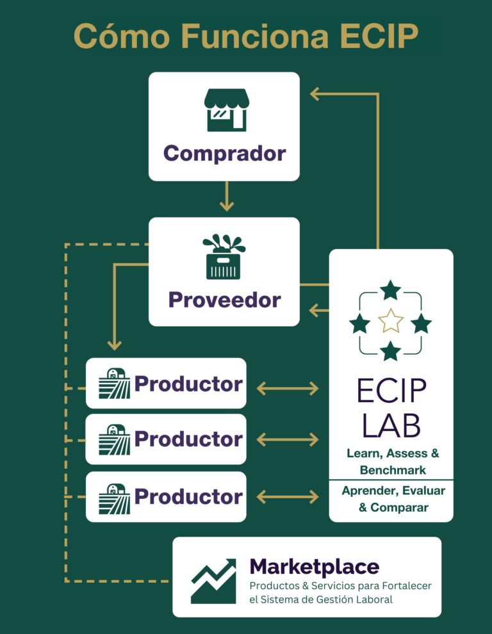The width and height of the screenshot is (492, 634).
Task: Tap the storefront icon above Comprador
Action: coord(225,110)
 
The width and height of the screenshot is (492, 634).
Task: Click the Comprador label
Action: coord(224,154)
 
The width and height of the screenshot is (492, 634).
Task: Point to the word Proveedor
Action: coord(224,300)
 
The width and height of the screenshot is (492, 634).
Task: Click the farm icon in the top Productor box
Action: coord(114,384)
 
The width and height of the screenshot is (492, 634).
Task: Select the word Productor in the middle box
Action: coord(188,439)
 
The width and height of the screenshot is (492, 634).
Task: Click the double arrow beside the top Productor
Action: coord(287,387)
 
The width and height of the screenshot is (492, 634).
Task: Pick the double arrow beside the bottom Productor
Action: coord(287,496)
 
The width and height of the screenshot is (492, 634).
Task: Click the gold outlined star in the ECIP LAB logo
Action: coord(390,320)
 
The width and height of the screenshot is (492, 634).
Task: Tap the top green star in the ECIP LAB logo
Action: coord(390,290)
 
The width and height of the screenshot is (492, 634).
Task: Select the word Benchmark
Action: coord(393,470)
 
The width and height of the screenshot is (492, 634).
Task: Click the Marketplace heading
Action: coord(314,567)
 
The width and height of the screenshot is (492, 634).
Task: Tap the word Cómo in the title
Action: coord(116,36)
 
